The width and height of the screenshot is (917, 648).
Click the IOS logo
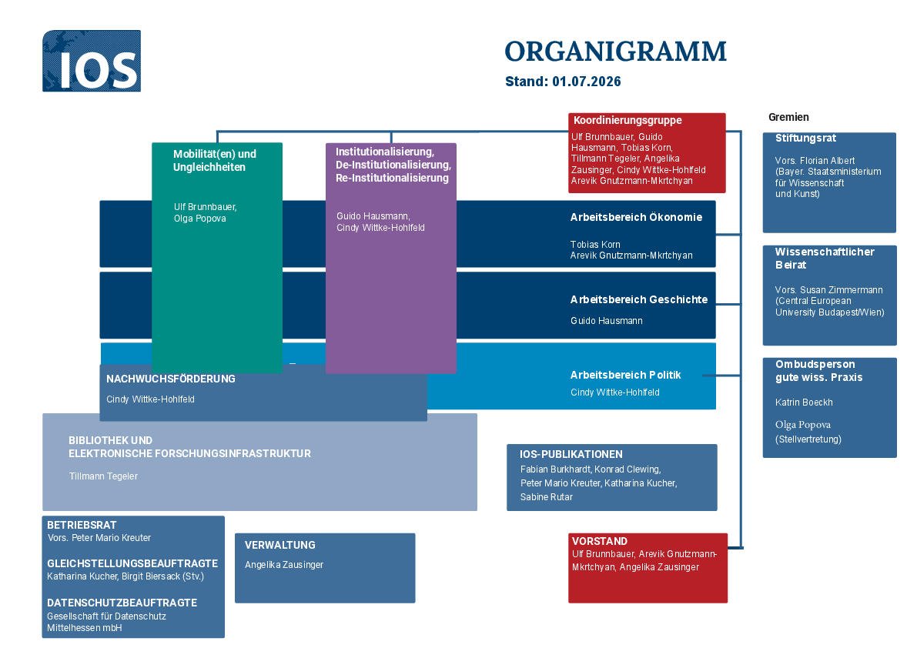pos(91,61)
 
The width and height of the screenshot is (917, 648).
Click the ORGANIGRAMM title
pos(615,52)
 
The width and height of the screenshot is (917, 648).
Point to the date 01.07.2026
pos(587,82)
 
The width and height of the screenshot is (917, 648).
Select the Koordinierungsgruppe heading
pos(628,120)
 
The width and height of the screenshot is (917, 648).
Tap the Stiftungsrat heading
pos(805,139)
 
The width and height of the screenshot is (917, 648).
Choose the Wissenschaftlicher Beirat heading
pos(825,259)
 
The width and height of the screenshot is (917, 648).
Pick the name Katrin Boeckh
pos(804,402)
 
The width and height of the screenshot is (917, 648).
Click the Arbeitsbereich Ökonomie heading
pos(636,217)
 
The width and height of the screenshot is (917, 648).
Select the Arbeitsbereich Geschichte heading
pos(639,299)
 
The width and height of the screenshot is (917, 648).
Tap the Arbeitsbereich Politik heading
pos(626,375)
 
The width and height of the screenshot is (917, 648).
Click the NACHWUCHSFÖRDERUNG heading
pos(171,379)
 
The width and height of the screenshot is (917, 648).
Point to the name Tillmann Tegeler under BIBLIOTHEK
pos(103,476)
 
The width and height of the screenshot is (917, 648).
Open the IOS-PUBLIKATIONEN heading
pos(571,455)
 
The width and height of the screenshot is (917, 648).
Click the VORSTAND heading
pos(600,542)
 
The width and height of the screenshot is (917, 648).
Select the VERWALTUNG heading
pos(280,545)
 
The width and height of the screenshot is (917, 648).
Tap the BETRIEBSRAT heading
pos(82,526)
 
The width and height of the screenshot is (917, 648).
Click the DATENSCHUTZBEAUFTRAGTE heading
pos(122,603)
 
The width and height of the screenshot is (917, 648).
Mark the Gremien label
pos(788,118)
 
